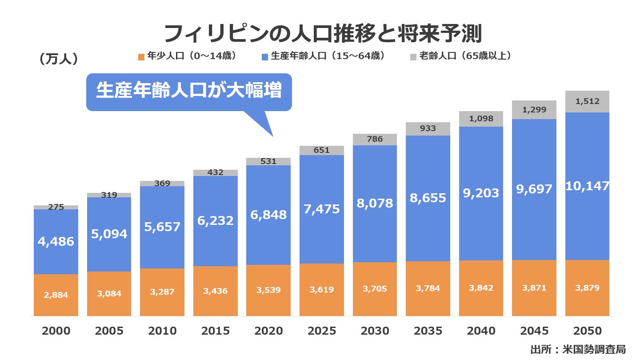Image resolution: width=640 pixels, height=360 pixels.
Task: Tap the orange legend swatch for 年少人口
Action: tap(141, 57)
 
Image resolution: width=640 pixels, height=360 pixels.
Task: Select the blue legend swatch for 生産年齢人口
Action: tap(265, 57)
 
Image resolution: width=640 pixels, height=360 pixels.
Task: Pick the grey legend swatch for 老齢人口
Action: tap(413, 57)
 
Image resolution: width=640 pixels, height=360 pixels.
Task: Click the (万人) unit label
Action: tap(59, 59)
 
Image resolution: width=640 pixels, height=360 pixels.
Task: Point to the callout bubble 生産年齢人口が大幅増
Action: tap(189, 92)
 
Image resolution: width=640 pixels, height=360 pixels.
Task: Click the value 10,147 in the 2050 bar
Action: tap(587, 186)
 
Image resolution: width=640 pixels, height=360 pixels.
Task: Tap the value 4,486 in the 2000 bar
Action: tap(56, 242)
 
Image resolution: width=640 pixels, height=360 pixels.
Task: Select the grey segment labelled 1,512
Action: tap(587, 101)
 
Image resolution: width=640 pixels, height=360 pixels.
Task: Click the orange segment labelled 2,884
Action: tap(56, 295)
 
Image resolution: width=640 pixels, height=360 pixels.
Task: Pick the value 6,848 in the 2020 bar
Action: tap(268, 215)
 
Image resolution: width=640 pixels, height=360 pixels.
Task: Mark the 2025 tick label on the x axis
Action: tap(321, 331)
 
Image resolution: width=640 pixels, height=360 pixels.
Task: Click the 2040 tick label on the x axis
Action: tap(481, 331)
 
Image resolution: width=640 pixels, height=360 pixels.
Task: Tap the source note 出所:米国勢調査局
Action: tap(577, 349)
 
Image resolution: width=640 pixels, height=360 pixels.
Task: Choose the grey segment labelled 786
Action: tap(375, 139)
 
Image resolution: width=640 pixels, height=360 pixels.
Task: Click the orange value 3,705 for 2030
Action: tap(375, 289)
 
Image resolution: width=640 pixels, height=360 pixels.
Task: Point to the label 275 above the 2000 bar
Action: tap(56, 207)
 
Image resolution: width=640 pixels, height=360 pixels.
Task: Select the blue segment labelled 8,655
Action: tap(428, 198)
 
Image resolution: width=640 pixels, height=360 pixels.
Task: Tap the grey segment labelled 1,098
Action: tap(481, 119)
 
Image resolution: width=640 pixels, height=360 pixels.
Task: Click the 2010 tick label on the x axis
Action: tap(162, 331)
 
